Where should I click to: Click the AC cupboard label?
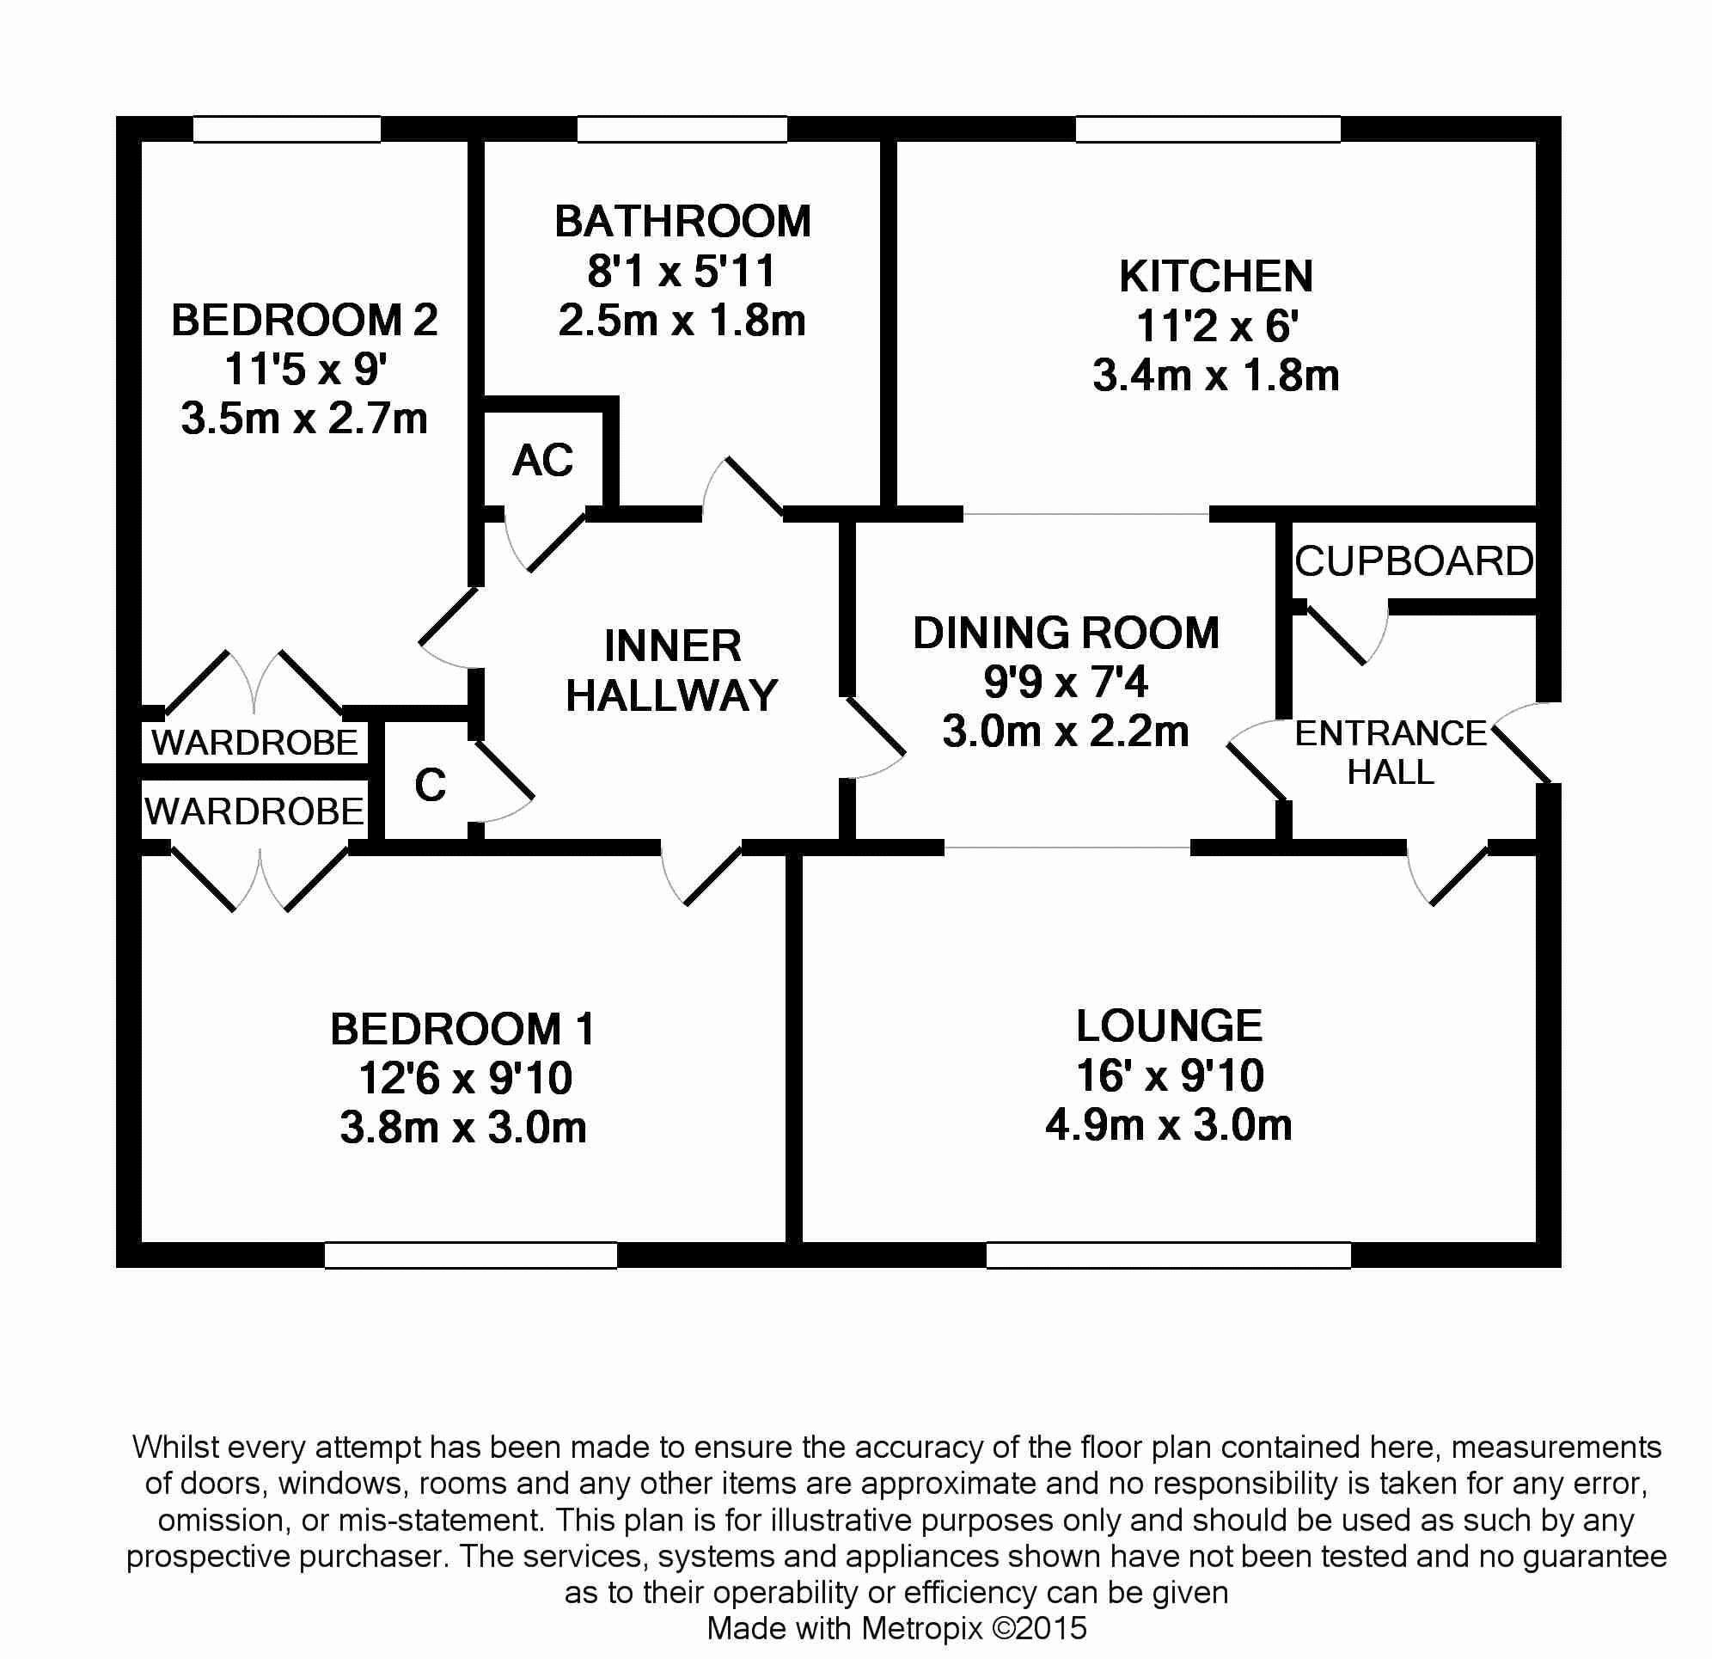(542, 461)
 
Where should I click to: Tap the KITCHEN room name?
(1216, 277)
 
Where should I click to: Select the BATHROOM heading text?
(682, 222)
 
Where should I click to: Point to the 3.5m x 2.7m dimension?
(304, 419)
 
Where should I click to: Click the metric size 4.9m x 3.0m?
(1169, 1125)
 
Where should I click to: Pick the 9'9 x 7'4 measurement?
(1066, 682)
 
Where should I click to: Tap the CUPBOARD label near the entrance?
(1414, 560)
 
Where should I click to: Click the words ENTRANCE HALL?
(1391, 752)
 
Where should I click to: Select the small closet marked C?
(431, 786)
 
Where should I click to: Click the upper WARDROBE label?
(254, 743)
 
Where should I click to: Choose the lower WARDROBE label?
(254, 812)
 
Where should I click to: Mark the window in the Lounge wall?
(1169, 1254)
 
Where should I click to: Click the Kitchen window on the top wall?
(1208, 129)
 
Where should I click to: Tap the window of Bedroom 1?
(471, 1254)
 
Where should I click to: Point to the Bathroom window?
(682, 129)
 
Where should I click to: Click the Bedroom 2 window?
(287, 129)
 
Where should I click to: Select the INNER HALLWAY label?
(672, 671)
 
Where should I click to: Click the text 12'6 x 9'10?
(466, 1078)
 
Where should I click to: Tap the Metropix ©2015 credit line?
(896, 1628)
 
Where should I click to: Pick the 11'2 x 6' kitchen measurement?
(1217, 327)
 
